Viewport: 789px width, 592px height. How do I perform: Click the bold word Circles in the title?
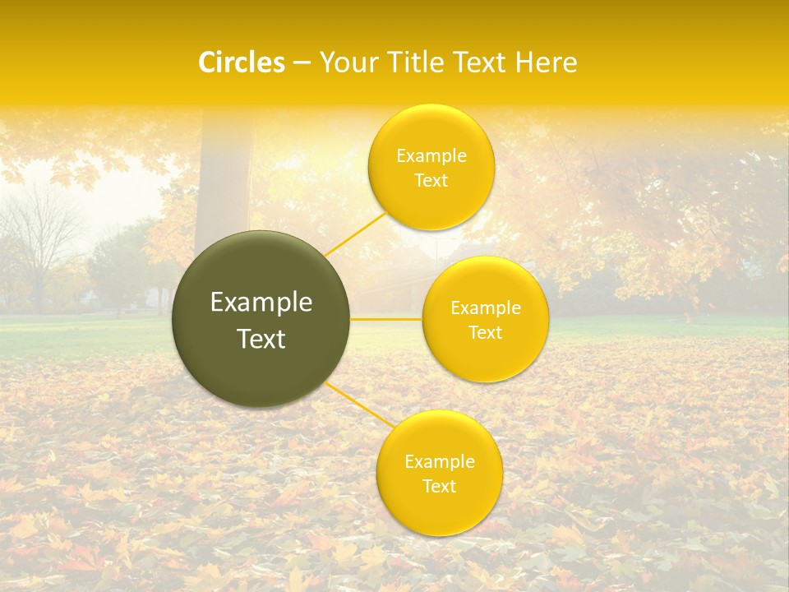pyautogui.click(x=241, y=62)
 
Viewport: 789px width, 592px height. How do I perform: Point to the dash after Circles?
pyautogui.click(x=302, y=62)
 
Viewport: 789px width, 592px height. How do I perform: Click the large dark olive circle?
pyautogui.click(x=261, y=319)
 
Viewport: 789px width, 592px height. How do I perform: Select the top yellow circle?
pyautogui.click(x=431, y=167)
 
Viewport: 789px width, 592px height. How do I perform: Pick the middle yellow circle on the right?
pyautogui.click(x=485, y=319)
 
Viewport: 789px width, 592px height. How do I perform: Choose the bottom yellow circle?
pyautogui.click(x=439, y=473)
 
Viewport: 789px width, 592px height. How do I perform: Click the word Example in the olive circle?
pyautogui.click(x=261, y=303)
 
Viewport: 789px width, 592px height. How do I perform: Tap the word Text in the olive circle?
pyautogui.click(x=261, y=339)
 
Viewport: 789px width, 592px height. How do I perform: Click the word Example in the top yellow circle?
pyautogui.click(x=431, y=155)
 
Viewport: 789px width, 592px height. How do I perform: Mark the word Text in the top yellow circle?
pyautogui.click(x=431, y=180)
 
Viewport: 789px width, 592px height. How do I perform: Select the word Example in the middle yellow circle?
pyautogui.click(x=486, y=308)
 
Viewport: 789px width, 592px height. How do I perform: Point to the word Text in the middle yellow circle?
pyautogui.click(x=485, y=332)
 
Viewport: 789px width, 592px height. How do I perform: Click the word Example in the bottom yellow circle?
pyautogui.click(x=440, y=461)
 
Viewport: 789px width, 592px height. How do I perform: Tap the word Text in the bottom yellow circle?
pyautogui.click(x=439, y=486)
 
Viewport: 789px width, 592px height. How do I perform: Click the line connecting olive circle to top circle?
pyautogui.click(x=354, y=234)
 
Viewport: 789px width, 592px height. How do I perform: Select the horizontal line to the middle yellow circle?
pyautogui.click(x=386, y=318)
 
